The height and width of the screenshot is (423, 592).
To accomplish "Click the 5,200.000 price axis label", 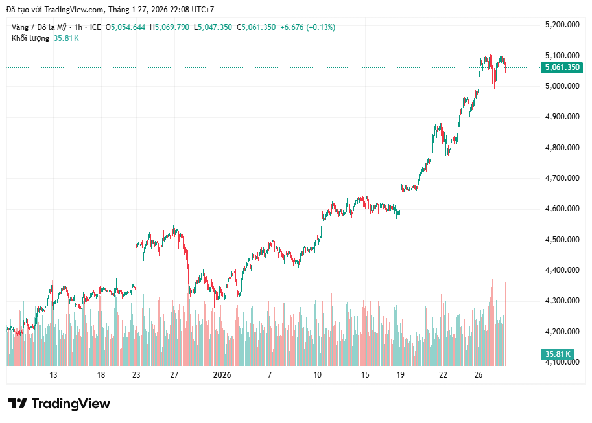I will pos(562,25).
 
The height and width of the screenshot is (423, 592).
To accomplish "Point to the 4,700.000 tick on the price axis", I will pos(562,178).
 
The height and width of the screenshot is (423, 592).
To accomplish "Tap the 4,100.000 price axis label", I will pos(562,362).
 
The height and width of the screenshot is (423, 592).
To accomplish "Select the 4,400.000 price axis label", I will pos(562,270).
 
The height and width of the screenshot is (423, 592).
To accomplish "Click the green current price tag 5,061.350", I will pos(562,67).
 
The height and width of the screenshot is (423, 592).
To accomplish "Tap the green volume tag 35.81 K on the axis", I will pos(558,354).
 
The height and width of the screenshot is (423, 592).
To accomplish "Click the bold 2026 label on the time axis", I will pos(222,375).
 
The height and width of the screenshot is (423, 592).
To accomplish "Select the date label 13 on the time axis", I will pos(53,375).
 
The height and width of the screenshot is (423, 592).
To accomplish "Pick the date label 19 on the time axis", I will pos(401,375).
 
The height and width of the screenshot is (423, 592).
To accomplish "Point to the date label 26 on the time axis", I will pos(478,375).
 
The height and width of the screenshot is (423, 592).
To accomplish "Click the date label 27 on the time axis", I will pos(174,375).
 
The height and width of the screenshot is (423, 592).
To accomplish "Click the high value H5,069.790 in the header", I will pos(169,27).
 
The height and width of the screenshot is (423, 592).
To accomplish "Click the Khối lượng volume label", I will pos(30,38).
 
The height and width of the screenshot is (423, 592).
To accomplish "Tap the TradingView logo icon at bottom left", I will pos(17,404).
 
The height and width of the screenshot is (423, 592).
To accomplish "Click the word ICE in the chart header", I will pos(95,27).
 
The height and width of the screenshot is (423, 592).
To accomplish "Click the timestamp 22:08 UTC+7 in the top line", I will pos(191,10).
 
